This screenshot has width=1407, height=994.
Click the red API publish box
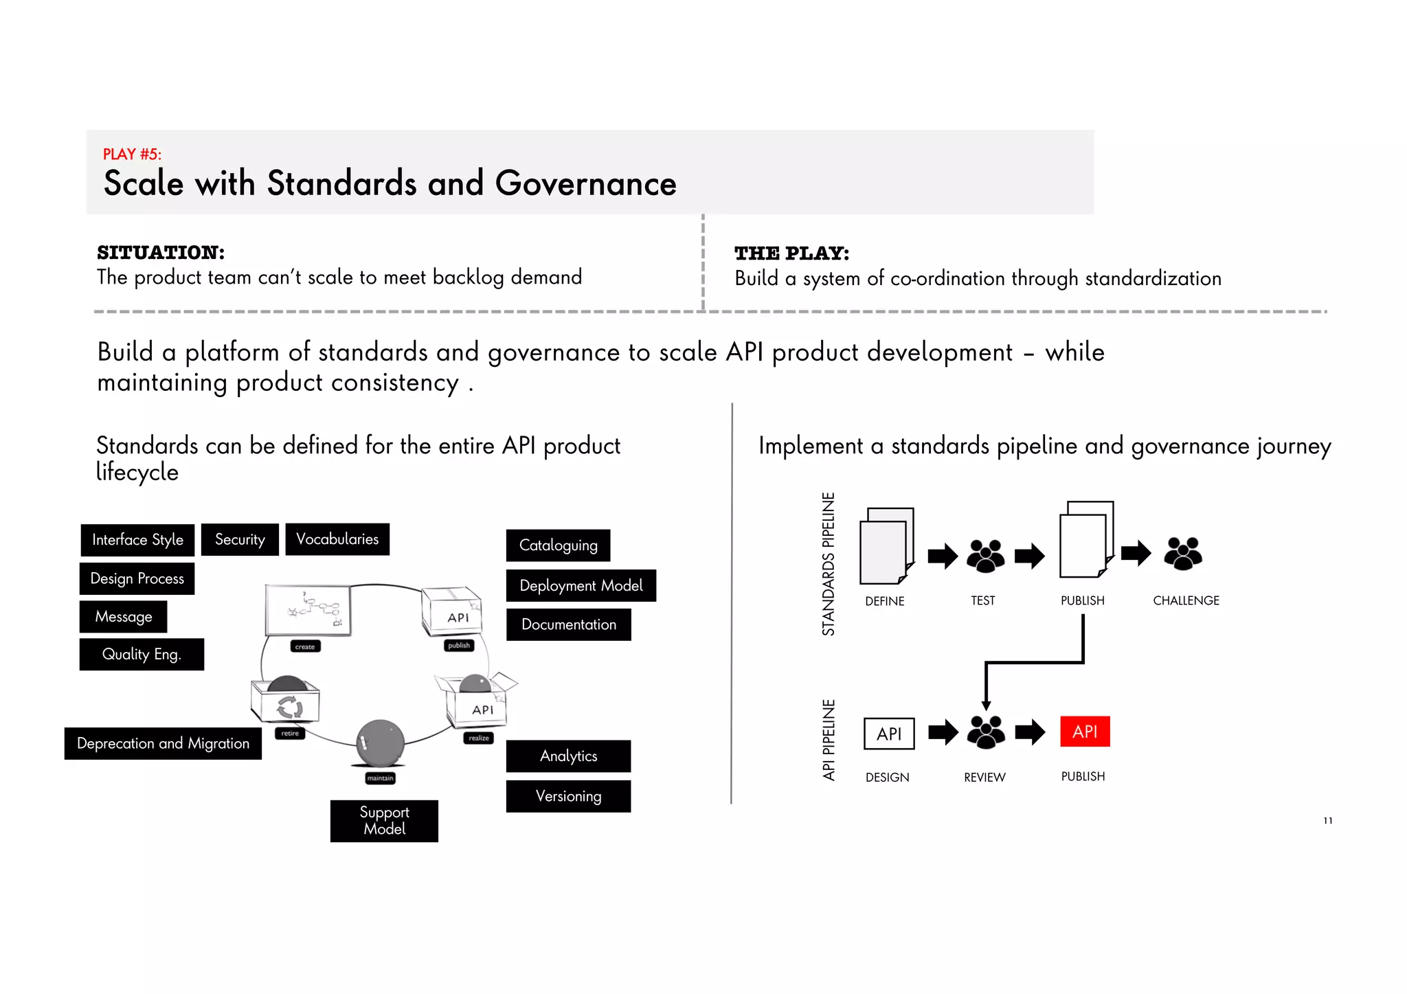click(1085, 732)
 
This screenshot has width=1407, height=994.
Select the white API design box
click(889, 734)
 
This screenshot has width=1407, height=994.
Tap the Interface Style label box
click(137, 540)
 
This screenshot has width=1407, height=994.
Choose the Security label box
click(240, 540)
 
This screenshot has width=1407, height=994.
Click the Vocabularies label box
click(337, 539)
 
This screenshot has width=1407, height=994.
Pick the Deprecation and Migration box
click(163, 743)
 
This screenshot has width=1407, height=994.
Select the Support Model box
click(384, 821)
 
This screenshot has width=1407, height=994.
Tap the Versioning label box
click(568, 796)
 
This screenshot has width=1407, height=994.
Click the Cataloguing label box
click(558, 545)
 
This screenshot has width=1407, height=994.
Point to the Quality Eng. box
click(142, 654)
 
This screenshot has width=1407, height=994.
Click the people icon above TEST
click(985, 555)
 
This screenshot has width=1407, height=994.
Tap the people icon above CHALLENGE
click(1183, 554)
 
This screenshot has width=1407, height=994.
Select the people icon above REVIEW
click(986, 732)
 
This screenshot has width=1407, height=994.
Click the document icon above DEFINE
click(886, 545)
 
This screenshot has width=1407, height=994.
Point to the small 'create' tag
click(305, 646)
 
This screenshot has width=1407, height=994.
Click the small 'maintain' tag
click(380, 778)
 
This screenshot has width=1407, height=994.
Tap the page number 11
click(1328, 821)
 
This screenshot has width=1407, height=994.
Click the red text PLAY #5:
click(132, 154)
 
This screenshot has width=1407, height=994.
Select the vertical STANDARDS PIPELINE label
click(829, 564)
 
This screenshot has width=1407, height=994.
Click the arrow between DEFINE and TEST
click(943, 556)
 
